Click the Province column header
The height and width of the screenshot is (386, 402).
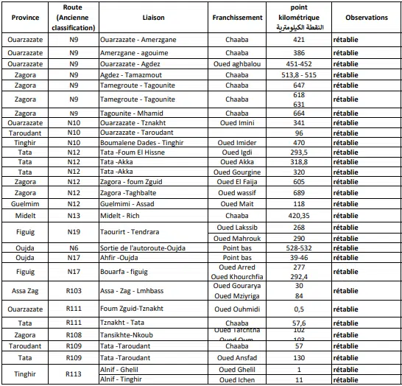click(x=25, y=16)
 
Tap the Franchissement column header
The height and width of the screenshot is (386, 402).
click(x=237, y=16)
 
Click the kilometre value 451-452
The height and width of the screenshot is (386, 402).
click(x=298, y=63)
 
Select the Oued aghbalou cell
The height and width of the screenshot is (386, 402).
click(x=237, y=63)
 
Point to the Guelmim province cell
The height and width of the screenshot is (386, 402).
click(x=25, y=203)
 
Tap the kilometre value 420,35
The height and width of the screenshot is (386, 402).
click(x=298, y=215)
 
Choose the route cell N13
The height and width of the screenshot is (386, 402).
click(x=74, y=215)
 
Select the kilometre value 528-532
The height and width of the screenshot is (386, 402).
click(x=298, y=248)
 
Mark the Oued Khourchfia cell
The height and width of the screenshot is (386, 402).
click(x=237, y=276)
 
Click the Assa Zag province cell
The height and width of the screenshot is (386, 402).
click(x=25, y=291)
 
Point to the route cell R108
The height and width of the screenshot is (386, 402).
click(x=74, y=334)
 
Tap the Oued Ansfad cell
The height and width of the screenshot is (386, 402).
click(x=237, y=357)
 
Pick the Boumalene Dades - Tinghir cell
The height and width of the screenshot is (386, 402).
click(x=143, y=142)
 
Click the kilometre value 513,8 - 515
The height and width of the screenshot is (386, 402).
click(x=298, y=74)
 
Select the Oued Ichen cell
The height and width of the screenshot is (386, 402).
click(x=237, y=379)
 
